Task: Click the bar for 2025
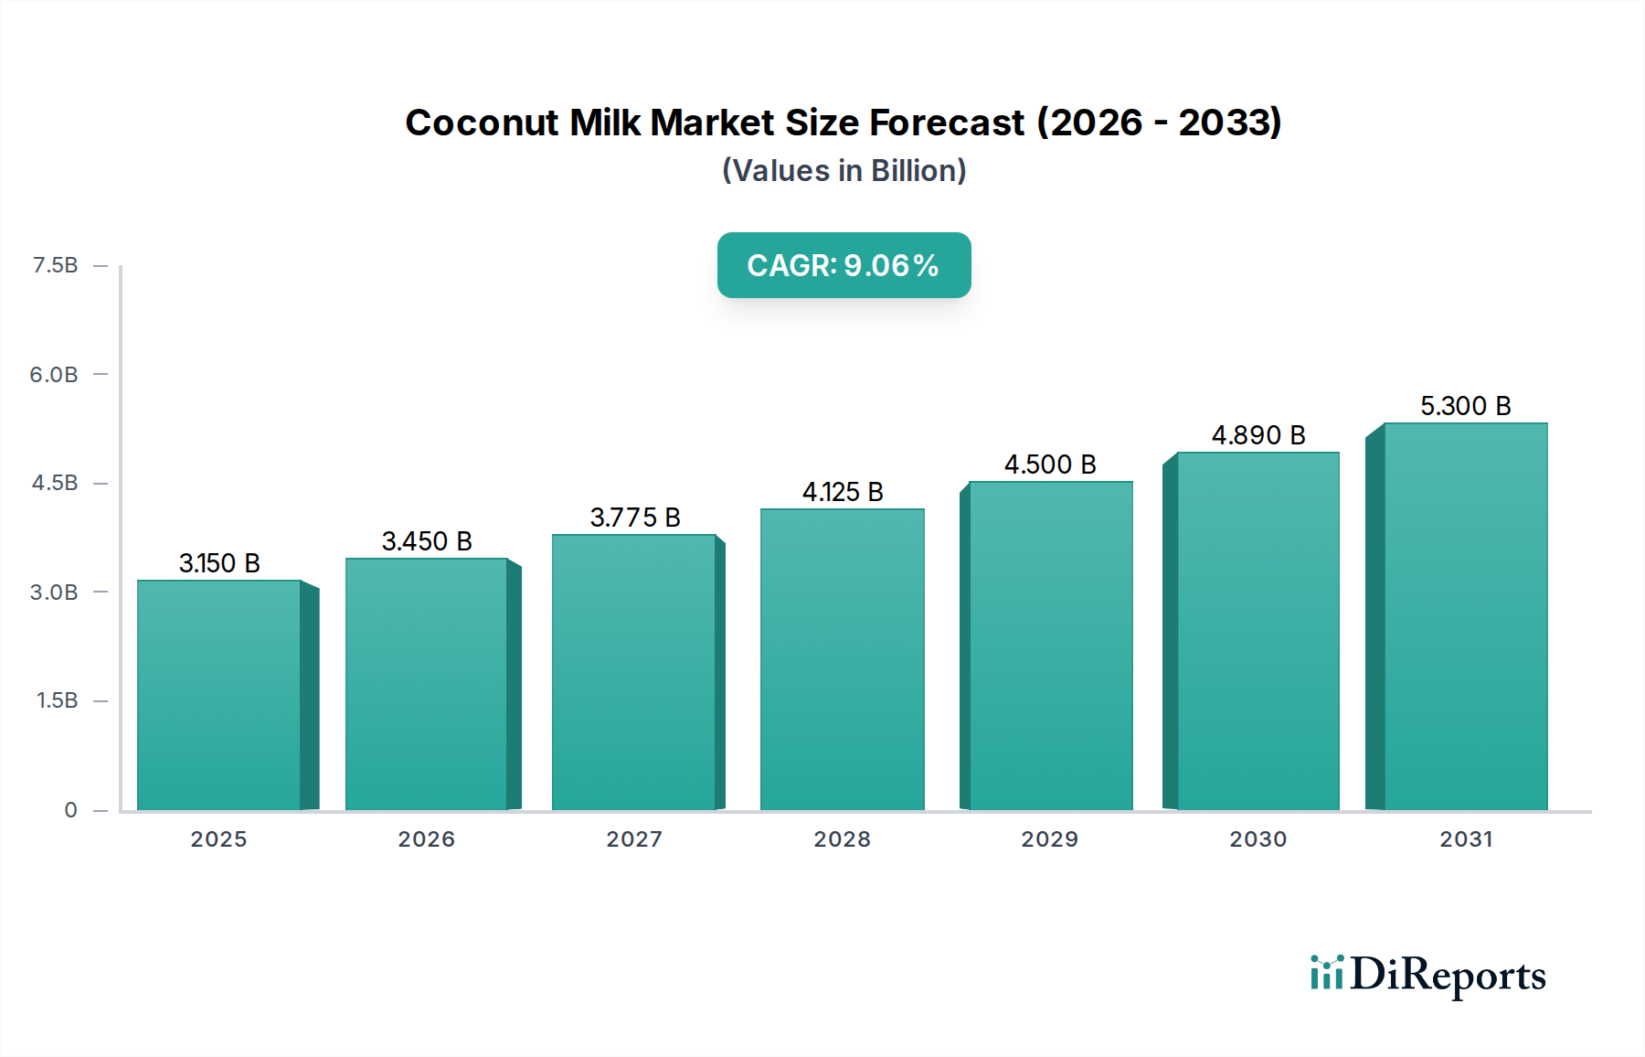click(x=219, y=695)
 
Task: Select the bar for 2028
click(x=842, y=659)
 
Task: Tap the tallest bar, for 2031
click(x=1465, y=616)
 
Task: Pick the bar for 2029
click(x=1050, y=646)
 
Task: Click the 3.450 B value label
click(x=427, y=541)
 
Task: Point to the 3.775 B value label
click(x=635, y=518)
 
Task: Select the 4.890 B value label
click(x=1258, y=435)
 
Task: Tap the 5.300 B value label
click(x=1465, y=406)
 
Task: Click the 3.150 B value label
click(x=219, y=563)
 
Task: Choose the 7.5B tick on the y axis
click(x=55, y=265)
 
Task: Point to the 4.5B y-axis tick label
click(x=55, y=483)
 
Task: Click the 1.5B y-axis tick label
click(x=57, y=700)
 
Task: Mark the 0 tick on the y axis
click(x=70, y=810)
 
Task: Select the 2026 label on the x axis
click(x=426, y=839)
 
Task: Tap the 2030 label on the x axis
click(x=1258, y=839)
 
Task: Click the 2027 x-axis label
click(x=634, y=839)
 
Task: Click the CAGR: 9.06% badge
click(x=844, y=265)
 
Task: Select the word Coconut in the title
click(x=481, y=123)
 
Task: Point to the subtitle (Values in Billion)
click(x=844, y=171)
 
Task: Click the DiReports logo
click(x=1427, y=975)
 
